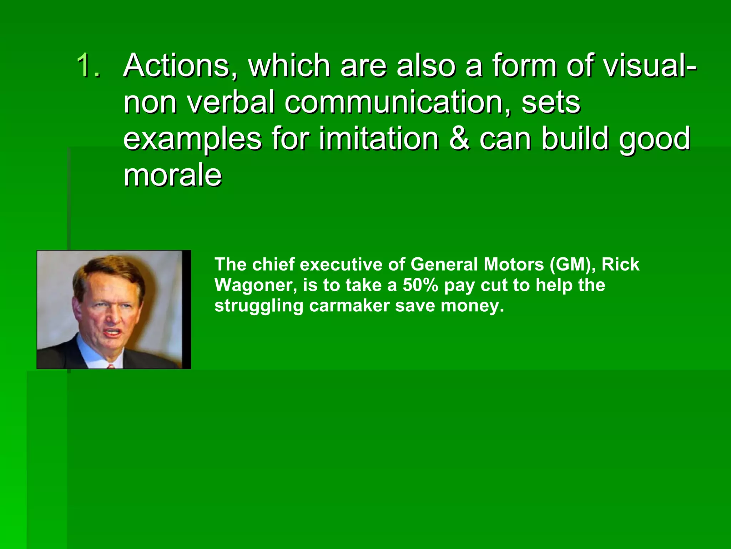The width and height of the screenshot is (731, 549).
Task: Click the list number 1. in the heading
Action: (88, 65)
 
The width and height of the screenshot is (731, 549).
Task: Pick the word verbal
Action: (231, 102)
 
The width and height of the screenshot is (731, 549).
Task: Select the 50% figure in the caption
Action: (420, 285)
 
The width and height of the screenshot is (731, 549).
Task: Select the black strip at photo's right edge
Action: (187, 310)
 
